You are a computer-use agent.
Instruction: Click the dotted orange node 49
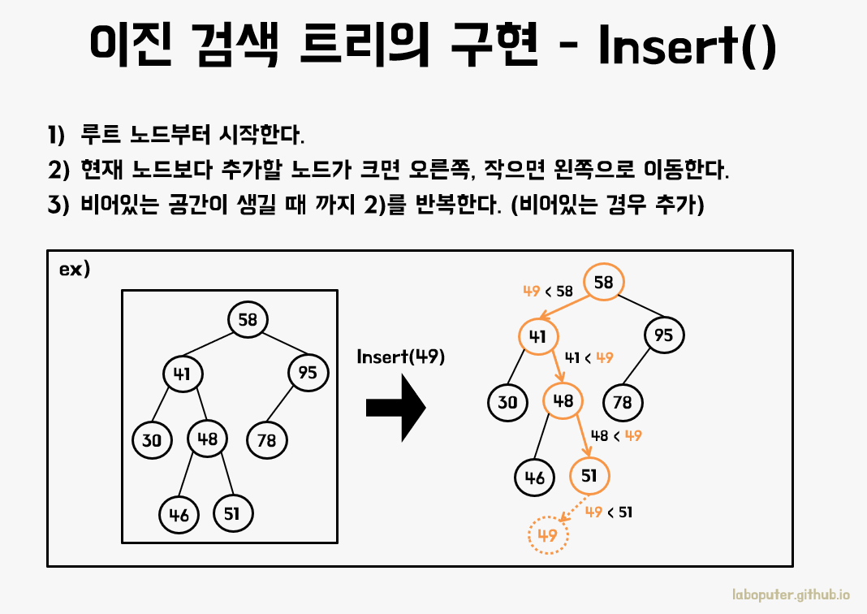[548, 535]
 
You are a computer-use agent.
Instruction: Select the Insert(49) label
[401, 357]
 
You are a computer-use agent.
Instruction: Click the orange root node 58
[603, 283]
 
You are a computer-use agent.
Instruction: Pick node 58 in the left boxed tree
[248, 320]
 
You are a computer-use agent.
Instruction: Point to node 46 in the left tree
[179, 514]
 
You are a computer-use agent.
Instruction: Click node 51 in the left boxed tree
[233, 512]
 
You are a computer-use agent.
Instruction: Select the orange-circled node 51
[589, 476]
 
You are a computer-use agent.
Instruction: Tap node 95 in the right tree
[664, 335]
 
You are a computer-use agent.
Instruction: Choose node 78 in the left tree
[266, 440]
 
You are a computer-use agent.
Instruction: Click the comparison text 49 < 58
[548, 291]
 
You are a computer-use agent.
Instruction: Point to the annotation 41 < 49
[589, 357]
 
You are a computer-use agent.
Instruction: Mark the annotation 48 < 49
[617, 435]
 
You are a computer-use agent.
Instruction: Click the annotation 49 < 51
[609, 512]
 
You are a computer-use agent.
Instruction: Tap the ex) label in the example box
[75, 270]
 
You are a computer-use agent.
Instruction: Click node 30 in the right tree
[508, 401]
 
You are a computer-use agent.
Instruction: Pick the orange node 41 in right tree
[537, 335]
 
